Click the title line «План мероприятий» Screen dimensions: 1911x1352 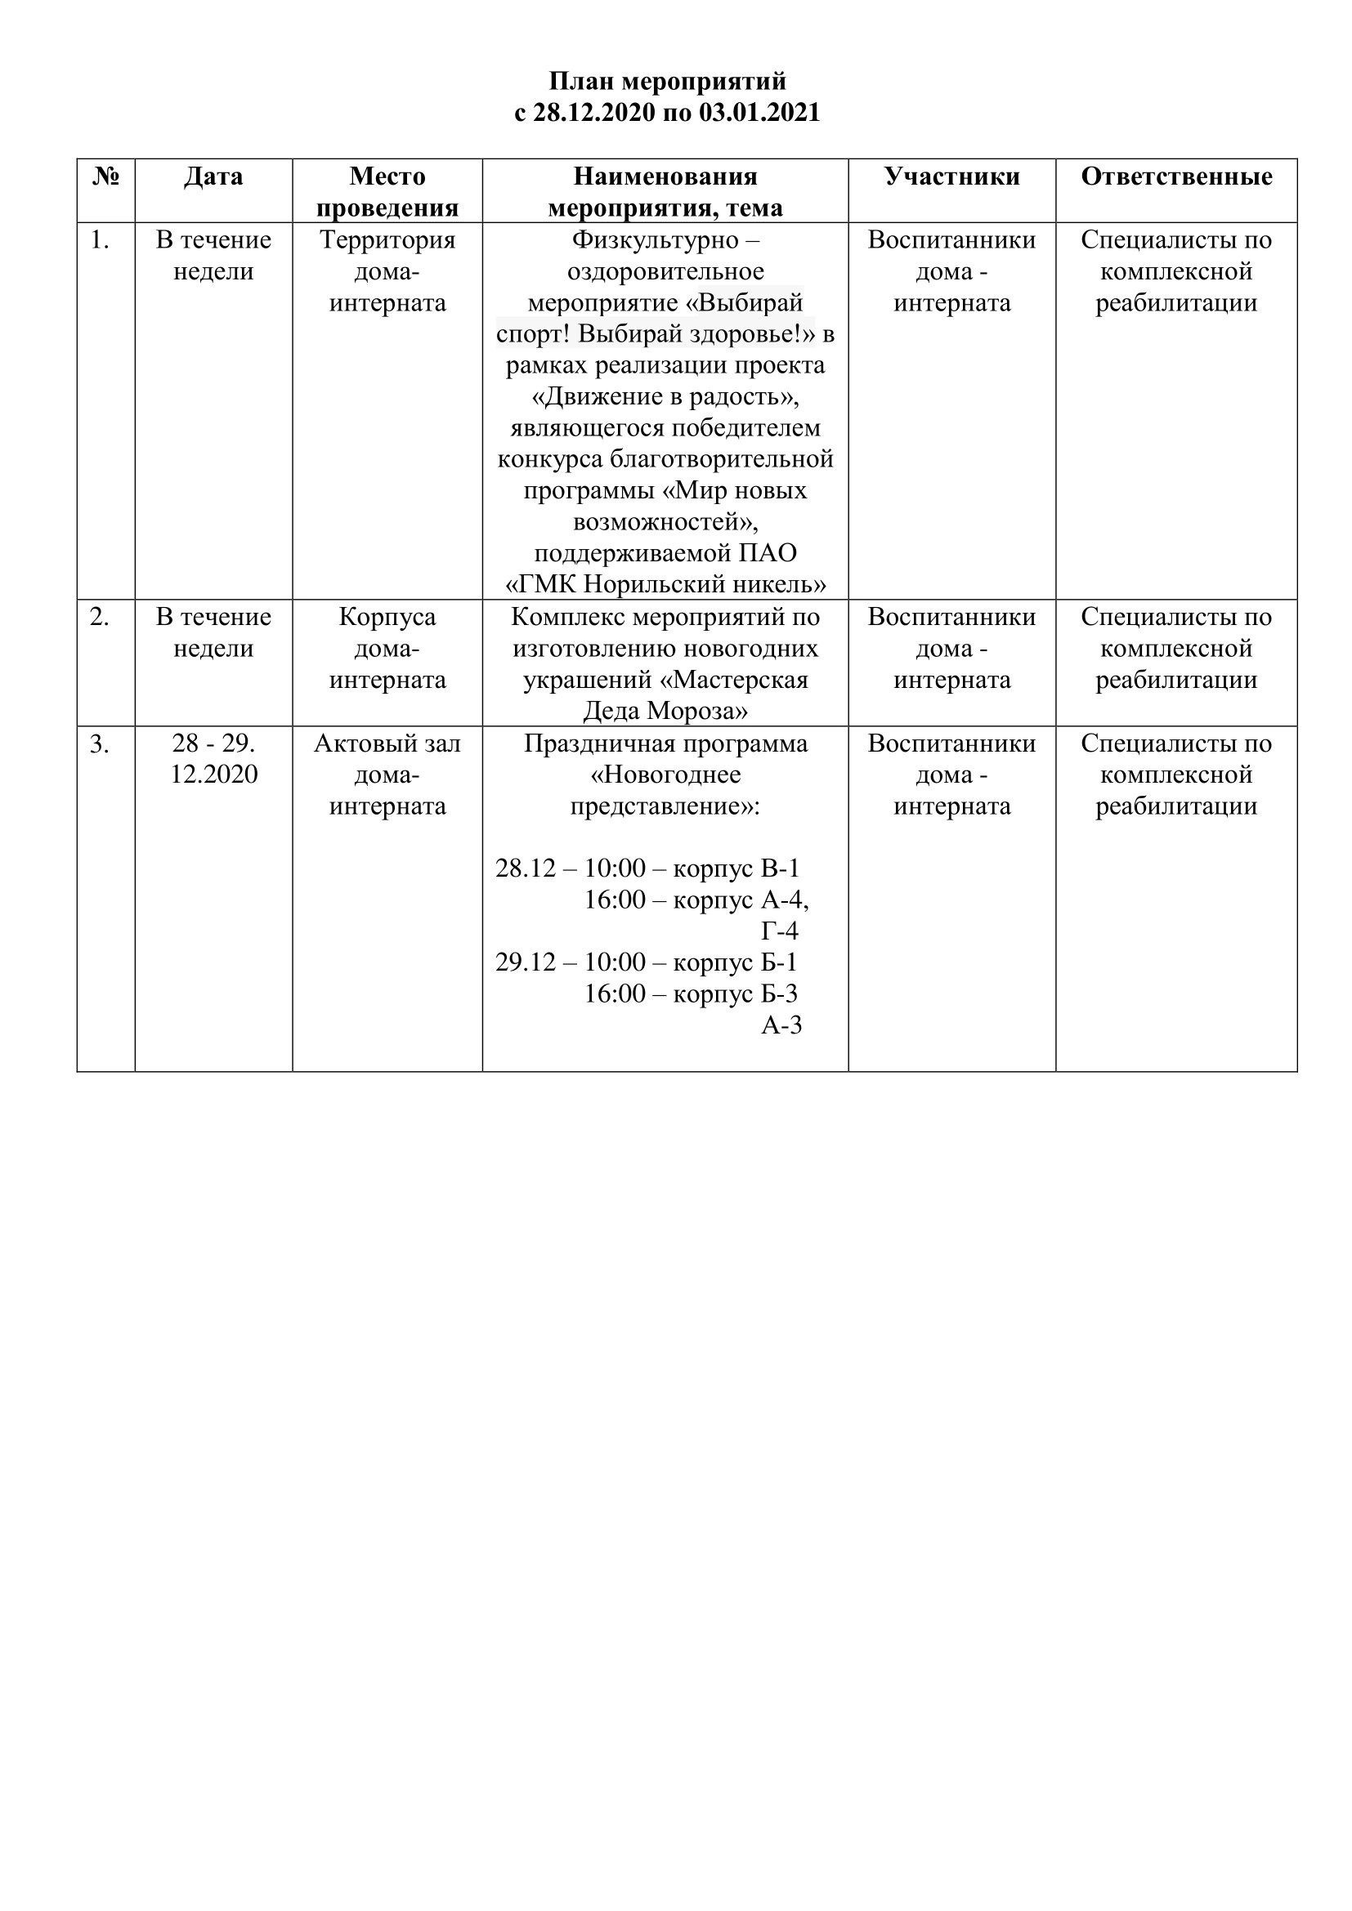tap(667, 82)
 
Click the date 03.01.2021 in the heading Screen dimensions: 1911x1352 tap(759, 113)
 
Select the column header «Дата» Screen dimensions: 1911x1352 tap(213, 176)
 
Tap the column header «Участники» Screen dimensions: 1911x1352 tap(951, 176)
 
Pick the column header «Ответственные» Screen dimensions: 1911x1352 tap(1176, 176)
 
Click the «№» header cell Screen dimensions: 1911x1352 tap(105, 176)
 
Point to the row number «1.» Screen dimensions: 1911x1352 tap(100, 240)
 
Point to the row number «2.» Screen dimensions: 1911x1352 tap(100, 618)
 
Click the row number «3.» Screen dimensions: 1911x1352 tap(100, 744)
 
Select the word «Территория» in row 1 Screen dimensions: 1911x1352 tap(387, 240)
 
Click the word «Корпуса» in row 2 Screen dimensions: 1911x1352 tap(387, 618)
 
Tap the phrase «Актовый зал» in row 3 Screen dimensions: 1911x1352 tap(387, 744)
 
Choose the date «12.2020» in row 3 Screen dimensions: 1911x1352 tap(214, 775)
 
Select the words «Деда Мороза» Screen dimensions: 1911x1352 tap(665, 712)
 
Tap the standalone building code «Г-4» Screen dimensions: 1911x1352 tap(779, 931)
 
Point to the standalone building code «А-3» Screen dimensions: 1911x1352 tap(781, 1025)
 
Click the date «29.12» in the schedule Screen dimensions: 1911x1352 tap(526, 963)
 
